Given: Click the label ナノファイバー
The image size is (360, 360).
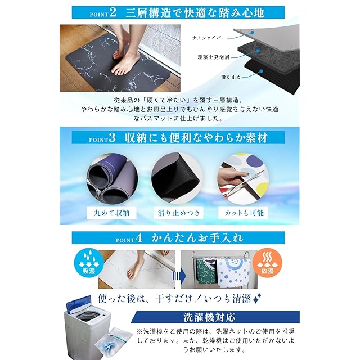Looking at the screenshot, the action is click(209, 38).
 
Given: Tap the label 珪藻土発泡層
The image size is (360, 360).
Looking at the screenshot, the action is click(214, 57).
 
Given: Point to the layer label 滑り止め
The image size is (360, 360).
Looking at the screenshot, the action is click(231, 77).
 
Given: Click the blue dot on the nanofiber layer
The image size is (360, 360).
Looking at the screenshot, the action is click(253, 33).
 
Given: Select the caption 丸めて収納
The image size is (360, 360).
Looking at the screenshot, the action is click(111, 213).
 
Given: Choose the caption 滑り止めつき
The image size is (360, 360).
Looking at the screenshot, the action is click(179, 213).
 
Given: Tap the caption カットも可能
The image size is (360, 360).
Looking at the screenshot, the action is click(244, 213).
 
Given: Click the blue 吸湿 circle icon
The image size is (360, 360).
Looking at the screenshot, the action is click(89, 263).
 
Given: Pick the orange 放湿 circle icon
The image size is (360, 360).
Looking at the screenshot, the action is click(267, 263).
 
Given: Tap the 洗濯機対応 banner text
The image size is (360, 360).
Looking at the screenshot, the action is click(209, 317).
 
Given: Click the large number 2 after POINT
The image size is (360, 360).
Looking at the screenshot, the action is click(112, 12).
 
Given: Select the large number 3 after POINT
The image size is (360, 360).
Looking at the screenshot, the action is click(112, 137).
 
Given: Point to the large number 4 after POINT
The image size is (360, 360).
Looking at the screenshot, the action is click(139, 238).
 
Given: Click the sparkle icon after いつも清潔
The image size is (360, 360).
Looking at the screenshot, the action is click(257, 299).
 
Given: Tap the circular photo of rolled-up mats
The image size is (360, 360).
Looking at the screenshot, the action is click(112, 178).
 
